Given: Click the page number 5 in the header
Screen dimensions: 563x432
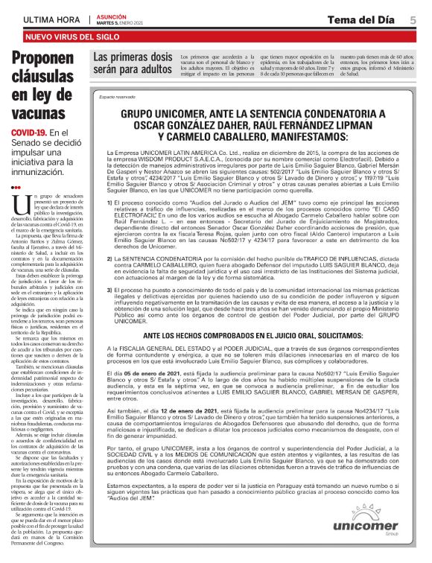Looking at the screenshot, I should [413, 19].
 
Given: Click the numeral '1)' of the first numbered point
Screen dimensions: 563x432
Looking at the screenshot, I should [109, 203].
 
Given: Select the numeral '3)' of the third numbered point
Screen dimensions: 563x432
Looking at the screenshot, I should [109, 287].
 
